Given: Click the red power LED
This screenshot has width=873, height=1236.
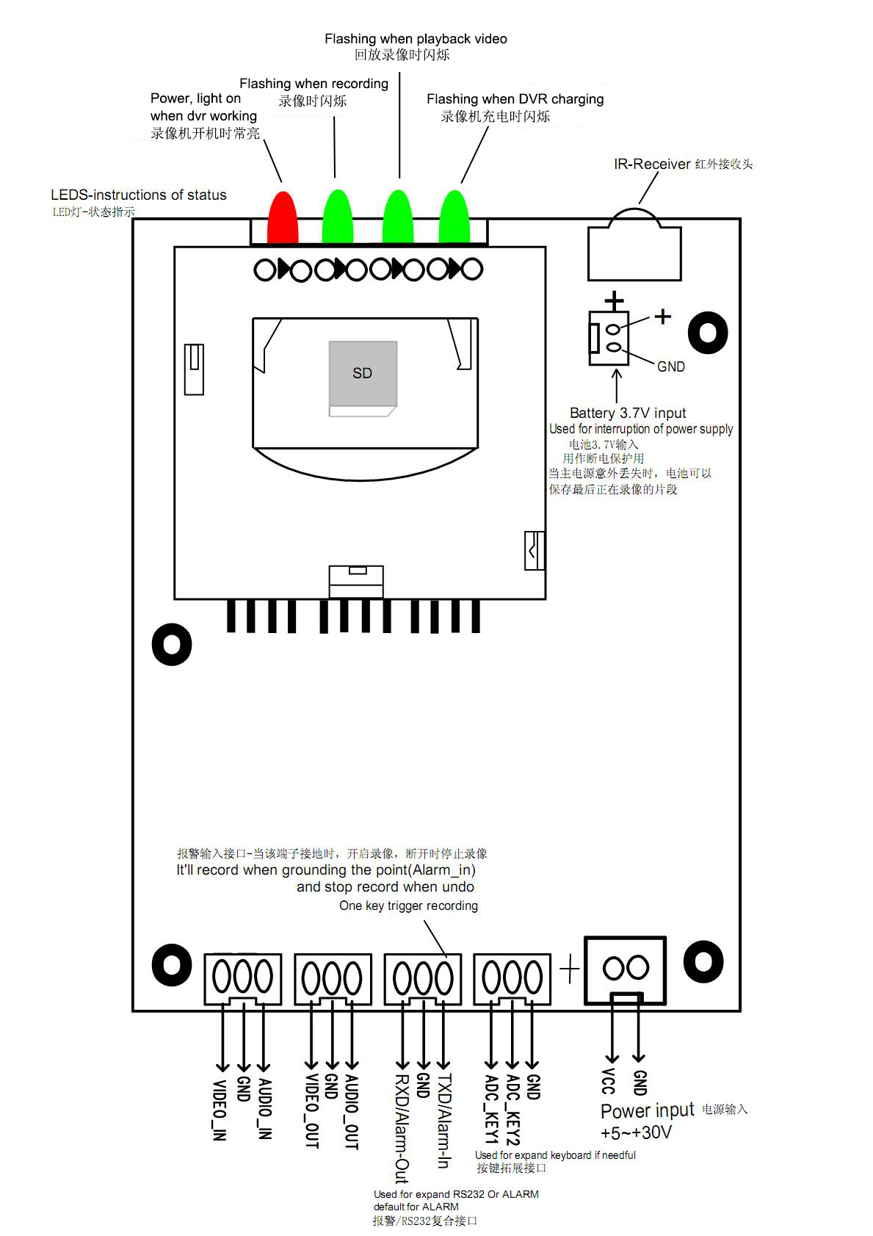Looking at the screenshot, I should [x=283, y=217].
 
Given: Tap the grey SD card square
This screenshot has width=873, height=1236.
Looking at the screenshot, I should [x=363, y=373].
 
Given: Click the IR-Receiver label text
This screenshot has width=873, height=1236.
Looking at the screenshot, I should [x=652, y=164].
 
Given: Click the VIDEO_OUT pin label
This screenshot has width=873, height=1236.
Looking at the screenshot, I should [x=311, y=1111].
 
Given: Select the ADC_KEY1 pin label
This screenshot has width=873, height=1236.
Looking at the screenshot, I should [x=491, y=1110].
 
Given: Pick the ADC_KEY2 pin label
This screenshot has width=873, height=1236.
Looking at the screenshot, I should [x=513, y=1110].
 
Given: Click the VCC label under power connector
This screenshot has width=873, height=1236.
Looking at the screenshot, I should [x=609, y=1081].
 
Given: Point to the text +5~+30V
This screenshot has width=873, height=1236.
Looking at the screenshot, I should [x=636, y=1132].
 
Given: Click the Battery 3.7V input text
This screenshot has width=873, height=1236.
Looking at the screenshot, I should [x=628, y=413].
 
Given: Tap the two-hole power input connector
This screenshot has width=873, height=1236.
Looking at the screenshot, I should [x=626, y=969].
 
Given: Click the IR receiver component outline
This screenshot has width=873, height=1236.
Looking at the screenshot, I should [x=634, y=248].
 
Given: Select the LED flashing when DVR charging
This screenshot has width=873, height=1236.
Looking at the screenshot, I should [x=454, y=217].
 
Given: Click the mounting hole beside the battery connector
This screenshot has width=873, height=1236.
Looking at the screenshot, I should [x=708, y=333].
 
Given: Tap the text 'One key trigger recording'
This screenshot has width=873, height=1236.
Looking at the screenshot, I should [x=408, y=906].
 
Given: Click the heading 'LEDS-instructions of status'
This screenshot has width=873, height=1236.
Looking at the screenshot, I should [x=139, y=195].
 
